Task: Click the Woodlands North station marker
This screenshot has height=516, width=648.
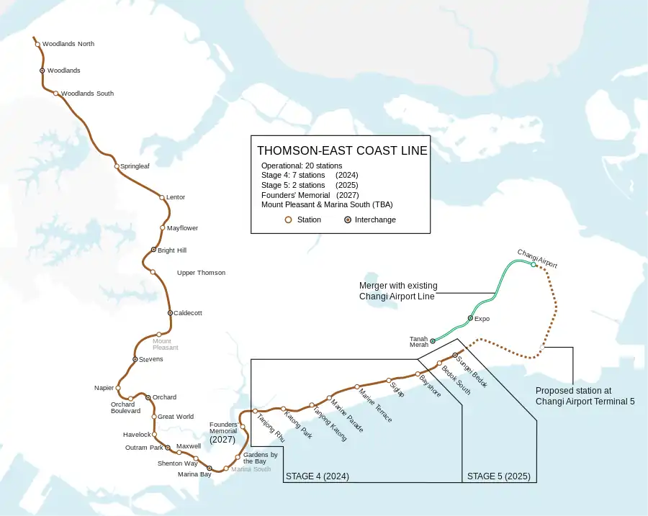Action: coord(38,45)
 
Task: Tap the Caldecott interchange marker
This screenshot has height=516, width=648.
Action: coord(170,313)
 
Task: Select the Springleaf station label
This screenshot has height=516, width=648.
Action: coord(135,166)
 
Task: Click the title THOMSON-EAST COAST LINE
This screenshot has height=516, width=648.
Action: coord(342,151)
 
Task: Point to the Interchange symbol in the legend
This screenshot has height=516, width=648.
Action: coord(348,220)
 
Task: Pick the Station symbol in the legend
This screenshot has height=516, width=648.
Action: coord(288,220)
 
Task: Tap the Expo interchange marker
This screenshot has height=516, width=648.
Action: coord(470,318)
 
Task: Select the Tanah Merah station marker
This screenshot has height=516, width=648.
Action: coord(433,341)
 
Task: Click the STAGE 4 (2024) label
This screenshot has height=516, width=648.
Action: coord(318,476)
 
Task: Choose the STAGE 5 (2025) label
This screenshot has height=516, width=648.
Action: coord(498,476)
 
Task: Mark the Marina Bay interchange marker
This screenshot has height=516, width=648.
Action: coord(210,469)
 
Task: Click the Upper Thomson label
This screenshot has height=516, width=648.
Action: coord(201,273)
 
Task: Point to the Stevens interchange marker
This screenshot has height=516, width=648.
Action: coord(135,359)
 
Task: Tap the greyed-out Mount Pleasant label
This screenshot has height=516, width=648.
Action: coord(165,344)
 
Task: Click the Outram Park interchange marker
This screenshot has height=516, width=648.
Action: coord(168,448)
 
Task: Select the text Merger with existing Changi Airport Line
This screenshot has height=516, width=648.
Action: coord(397,291)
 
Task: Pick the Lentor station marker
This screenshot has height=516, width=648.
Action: coord(162,197)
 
